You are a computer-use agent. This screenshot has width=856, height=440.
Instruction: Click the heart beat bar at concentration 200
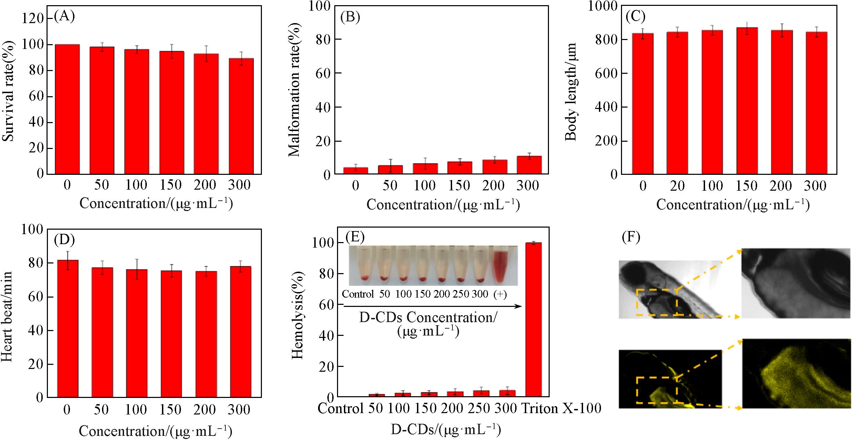point(206,334)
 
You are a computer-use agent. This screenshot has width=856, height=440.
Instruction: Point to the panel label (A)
point(64,17)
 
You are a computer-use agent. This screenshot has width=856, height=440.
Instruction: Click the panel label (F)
point(631,237)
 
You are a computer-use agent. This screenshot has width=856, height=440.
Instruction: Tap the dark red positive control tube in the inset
point(501,267)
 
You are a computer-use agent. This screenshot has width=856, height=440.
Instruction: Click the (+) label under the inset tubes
point(500,294)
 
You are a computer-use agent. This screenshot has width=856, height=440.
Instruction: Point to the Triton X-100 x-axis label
point(561,409)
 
